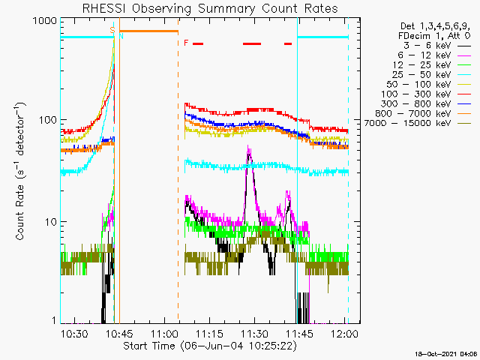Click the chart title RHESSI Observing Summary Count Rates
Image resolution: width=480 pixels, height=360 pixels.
click(x=210, y=8)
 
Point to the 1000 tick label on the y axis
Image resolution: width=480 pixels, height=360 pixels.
click(x=45, y=21)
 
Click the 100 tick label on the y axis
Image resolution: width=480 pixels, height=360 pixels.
click(x=48, y=119)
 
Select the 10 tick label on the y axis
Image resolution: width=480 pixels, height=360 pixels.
click(x=51, y=222)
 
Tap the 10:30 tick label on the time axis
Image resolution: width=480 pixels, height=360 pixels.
click(x=74, y=333)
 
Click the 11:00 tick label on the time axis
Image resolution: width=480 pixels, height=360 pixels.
click(x=165, y=333)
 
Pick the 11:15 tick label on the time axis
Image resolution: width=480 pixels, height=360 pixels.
click(x=210, y=333)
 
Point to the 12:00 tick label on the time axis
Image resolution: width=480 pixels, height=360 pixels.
click(x=345, y=333)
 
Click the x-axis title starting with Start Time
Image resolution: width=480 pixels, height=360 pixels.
click(x=210, y=346)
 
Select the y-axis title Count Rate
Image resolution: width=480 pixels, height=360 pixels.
click(x=20, y=172)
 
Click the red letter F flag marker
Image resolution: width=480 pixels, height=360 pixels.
click(x=186, y=43)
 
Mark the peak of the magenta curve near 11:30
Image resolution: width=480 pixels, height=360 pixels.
click(x=248, y=146)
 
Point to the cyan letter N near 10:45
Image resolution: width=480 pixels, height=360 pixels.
click(x=121, y=36)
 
